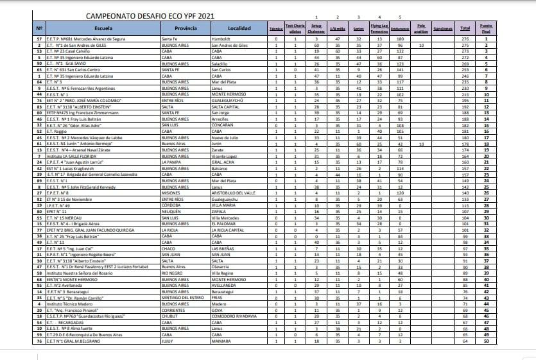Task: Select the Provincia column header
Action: point(186,28)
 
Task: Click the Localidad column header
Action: point(239,28)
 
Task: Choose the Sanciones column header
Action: point(444,29)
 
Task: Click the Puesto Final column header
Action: point(486,29)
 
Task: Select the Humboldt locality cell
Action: point(221,39)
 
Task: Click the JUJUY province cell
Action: point(167,340)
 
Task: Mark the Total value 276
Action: point(465,39)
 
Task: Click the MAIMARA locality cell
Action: point(222,340)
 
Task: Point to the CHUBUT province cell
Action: point(168,316)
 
